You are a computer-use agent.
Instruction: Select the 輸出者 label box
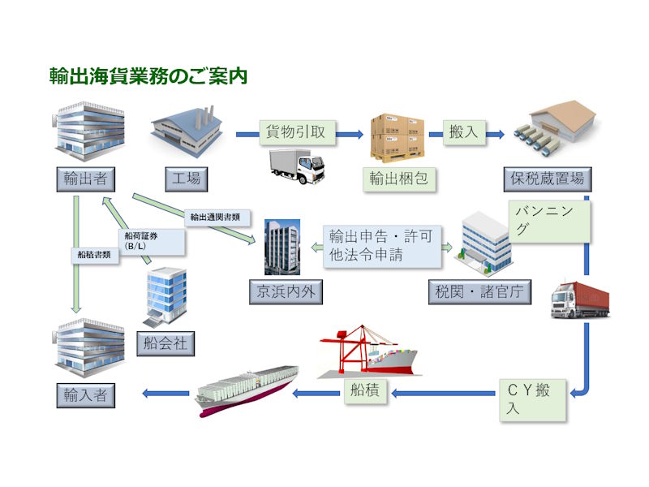coord(84,178)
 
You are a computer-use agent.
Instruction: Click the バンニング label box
coord(549,220)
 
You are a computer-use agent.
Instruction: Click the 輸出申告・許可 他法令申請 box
coord(381,245)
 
